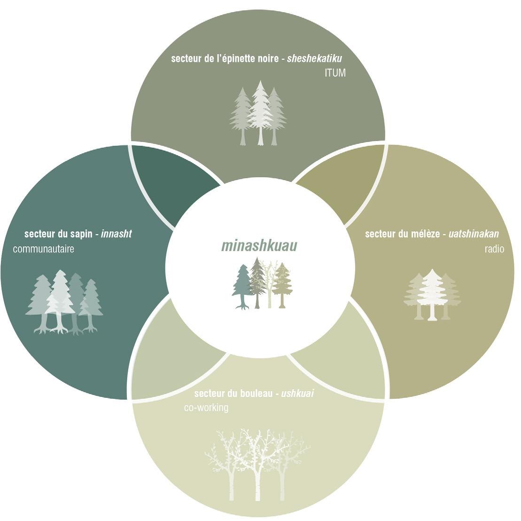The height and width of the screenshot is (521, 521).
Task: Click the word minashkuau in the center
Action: point(259,246)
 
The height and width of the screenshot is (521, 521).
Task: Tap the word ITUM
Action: point(335,73)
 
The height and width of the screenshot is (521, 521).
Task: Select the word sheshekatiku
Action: point(314,59)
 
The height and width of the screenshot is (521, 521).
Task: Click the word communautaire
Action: point(44,249)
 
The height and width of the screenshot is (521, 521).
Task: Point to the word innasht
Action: point(116,234)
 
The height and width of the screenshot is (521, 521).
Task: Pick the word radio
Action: point(494,249)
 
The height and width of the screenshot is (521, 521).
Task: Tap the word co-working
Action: point(206,408)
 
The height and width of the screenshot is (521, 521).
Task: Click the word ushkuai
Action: point(297,393)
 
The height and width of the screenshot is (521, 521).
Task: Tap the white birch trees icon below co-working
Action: point(257,463)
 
